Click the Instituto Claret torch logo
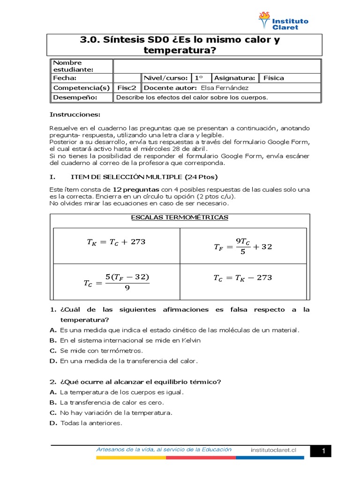point(265,21)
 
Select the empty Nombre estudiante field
point(217,66)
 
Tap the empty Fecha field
point(127,78)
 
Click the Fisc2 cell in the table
point(127,88)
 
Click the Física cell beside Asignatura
point(274,78)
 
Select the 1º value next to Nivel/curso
point(199,78)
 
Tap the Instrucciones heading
point(75,115)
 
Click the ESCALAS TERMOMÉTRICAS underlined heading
point(180,217)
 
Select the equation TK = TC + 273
point(116,242)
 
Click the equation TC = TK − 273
point(242,277)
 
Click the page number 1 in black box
point(323,451)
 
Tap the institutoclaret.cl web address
point(274,450)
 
